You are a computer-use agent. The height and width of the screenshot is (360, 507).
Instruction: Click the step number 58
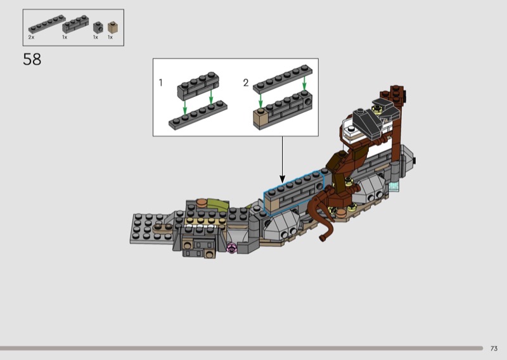click(32, 60)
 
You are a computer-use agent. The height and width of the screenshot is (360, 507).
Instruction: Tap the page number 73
click(494, 349)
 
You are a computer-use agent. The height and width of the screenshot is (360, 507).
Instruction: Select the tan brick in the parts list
click(113, 27)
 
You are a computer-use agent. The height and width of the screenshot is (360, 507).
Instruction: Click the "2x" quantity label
click(31, 37)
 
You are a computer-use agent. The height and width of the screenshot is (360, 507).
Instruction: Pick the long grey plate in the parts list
click(47, 24)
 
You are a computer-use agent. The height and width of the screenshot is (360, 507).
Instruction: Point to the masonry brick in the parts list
click(75, 24)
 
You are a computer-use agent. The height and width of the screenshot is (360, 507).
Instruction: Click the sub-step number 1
click(161, 83)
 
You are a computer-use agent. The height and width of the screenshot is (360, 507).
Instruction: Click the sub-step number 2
click(246, 83)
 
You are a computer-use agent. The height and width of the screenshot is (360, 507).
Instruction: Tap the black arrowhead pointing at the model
click(282, 179)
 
